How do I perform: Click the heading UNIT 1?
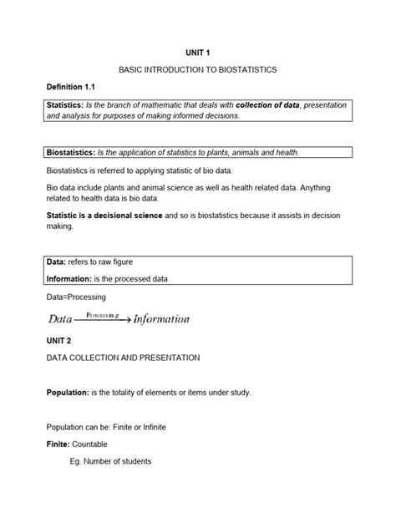[x=198, y=52]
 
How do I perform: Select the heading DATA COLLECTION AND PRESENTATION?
[x=122, y=358]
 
